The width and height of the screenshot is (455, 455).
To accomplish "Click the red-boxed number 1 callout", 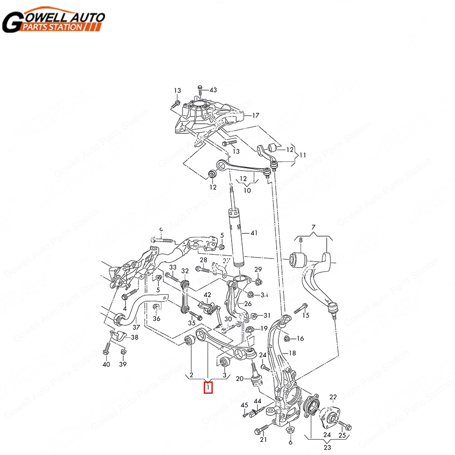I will click(x=208, y=388).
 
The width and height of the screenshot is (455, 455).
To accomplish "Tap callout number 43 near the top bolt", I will click(x=213, y=89).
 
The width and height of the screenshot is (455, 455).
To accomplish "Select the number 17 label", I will click(x=256, y=116).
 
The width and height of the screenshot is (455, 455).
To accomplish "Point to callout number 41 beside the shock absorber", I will click(x=253, y=233).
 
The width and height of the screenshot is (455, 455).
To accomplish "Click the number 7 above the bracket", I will click(x=313, y=227).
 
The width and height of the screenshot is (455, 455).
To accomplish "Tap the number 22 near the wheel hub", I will click(x=333, y=397).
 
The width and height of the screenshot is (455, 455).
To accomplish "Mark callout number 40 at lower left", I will click(x=106, y=364).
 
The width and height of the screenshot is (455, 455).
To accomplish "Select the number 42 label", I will click(x=207, y=295).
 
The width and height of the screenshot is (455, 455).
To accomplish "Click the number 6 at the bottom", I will click(x=290, y=442).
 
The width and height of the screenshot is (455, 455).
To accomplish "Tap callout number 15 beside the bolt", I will click(x=305, y=315).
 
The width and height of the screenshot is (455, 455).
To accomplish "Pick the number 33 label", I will click(x=173, y=267).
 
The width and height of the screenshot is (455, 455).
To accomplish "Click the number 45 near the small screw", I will click(x=244, y=405).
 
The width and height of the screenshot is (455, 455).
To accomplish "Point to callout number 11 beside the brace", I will click(x=302, y=155).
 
